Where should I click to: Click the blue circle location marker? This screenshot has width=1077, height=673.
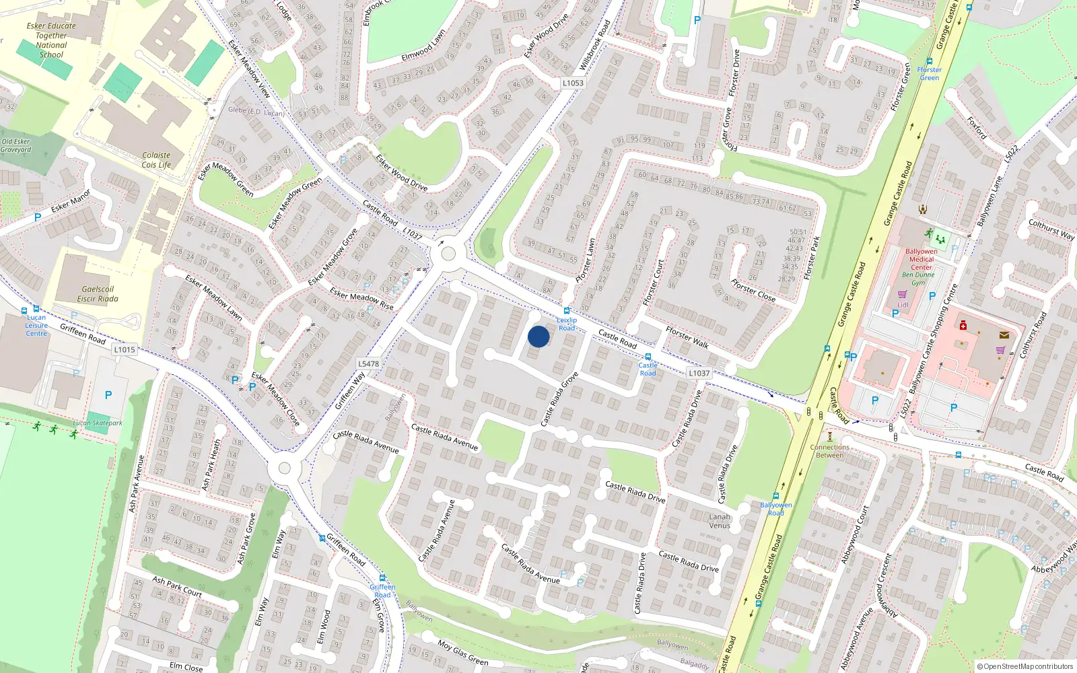(x=538, y=336)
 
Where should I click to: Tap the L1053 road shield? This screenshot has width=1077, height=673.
(x=573, y=83)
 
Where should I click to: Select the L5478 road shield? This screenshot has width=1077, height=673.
(x=368, y=363)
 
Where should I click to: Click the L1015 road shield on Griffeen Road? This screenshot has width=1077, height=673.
(x=125, y=349)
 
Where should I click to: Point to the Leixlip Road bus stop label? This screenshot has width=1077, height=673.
(x=567, y=324)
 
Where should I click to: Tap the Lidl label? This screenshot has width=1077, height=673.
(x=903, y=305)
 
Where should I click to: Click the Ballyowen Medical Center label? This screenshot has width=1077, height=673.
(x=922, y=259)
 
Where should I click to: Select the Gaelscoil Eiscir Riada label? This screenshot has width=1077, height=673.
(x=98, y=294)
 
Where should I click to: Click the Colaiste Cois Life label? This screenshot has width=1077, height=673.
(x=156, y=160)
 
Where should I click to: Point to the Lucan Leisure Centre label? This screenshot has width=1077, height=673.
(x=36, y=325)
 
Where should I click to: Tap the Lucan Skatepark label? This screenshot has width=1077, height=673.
(x=98, y=423)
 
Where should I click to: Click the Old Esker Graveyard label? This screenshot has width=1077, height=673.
(x=15, y=145)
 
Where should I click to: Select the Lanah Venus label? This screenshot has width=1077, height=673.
(x=720, y=521)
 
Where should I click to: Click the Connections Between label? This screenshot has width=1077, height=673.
(x=829, y=451)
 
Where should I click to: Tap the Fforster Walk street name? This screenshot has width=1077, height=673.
(x=687, y=337)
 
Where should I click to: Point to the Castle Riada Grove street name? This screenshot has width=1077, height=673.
(x=560, y=399)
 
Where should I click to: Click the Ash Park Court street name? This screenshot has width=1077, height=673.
(x=177, y=586)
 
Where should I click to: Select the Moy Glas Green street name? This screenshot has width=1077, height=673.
(x=463, y=653)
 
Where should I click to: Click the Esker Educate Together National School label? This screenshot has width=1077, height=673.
(x=51, y=40)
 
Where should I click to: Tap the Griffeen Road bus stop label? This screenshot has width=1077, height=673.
(x=382, y=590)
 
